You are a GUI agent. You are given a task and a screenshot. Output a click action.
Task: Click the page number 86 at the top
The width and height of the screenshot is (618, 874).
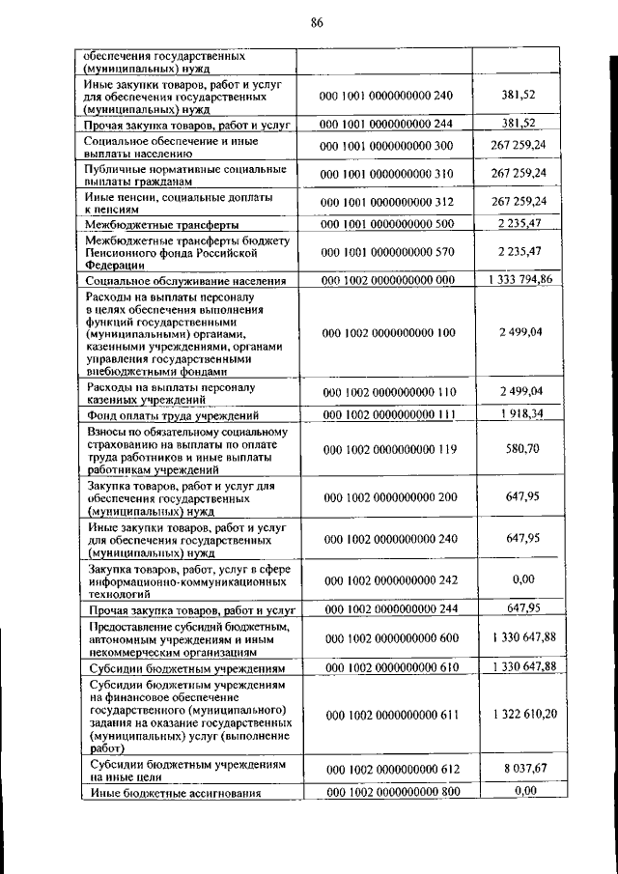tap(316, 24)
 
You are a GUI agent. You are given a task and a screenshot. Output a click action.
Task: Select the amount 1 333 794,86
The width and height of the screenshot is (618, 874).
tap(520, 280)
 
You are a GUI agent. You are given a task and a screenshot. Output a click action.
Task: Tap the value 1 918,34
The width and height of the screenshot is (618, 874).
tap(523, 413)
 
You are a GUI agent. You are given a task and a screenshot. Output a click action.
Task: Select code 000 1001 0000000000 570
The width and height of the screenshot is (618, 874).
tap(385, 251)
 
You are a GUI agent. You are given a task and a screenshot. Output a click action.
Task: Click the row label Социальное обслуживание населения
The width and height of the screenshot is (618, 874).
tap(184, 281)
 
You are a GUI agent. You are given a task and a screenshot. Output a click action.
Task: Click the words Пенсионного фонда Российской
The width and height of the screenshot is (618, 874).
tap(170, 251)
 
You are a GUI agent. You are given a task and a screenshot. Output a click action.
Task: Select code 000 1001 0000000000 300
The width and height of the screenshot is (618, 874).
tap(385, 145)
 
